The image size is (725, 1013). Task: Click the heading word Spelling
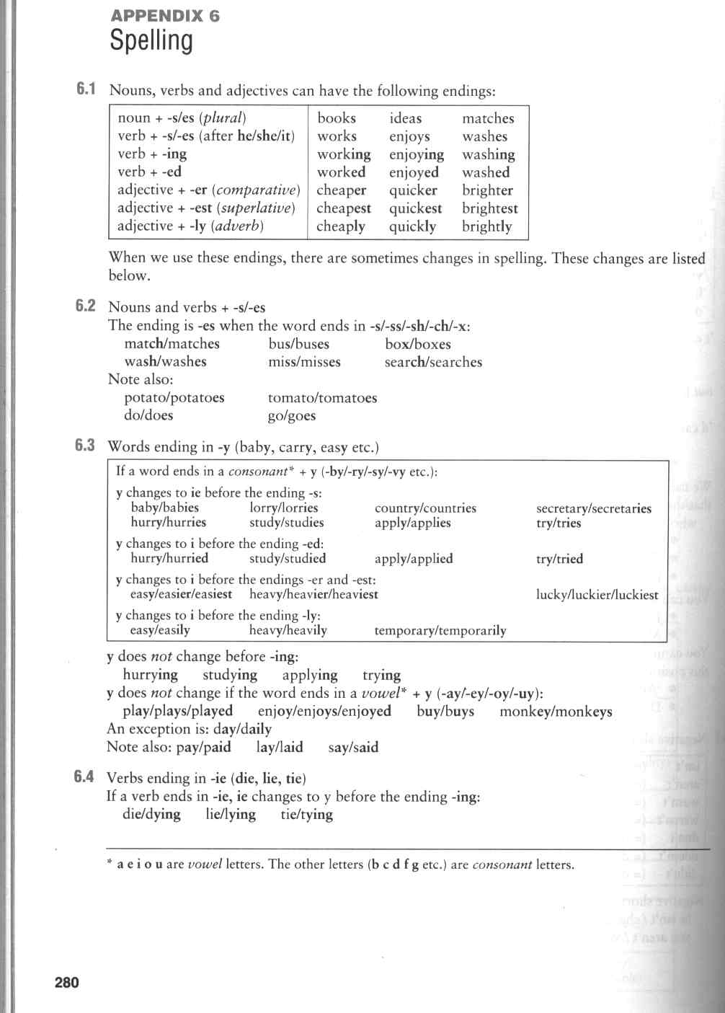click(151, 41)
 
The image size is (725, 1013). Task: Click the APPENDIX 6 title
click(164, 15)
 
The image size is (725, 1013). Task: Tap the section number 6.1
click(86, 89)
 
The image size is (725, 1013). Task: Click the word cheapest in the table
click(344, 208)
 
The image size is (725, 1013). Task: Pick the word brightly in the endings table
click(486, 226)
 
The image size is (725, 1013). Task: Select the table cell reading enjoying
click(417, 154)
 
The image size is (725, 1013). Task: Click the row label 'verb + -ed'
click(149, 172)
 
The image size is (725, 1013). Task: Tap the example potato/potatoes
click(174, 398)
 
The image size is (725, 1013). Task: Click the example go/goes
click(292, 416)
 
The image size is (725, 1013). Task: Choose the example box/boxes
click(418, 344)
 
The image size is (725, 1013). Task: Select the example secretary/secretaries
click(593, 508)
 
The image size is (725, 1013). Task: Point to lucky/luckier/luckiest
click(597, 595)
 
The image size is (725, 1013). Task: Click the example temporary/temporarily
click(440, 631)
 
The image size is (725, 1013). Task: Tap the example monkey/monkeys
click(556, 712)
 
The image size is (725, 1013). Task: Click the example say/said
click(353, 747)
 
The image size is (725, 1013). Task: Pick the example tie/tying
click(307, 815)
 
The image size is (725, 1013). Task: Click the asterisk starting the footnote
click(110, 862)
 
